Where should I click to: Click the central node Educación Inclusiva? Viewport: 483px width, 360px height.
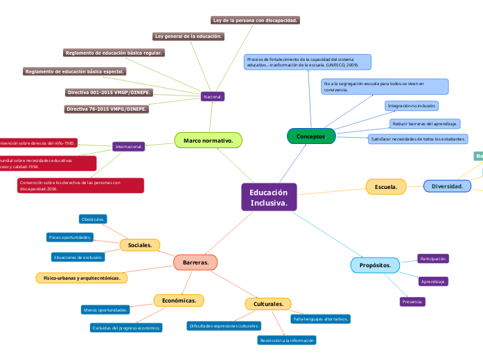coord(269,197)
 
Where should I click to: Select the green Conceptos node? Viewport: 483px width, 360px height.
coord(311,136)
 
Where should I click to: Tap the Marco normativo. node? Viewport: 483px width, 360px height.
coord(208,141)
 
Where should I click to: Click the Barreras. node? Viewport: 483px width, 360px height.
coord(195,262)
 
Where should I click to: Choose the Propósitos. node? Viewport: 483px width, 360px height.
coord(375,265)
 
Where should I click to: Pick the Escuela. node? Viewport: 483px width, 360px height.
coord(386,187)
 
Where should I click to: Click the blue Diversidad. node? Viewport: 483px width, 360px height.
coord(447,186)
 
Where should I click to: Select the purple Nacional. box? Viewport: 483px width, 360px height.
coord(213,97)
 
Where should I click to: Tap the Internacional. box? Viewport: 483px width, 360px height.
coord(129,147)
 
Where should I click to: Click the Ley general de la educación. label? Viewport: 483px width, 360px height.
coord(188,36)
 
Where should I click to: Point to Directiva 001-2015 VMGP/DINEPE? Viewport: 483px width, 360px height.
coord(109,92)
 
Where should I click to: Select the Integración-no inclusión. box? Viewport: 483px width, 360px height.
coord(412,106)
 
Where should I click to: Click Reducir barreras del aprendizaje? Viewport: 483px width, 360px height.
coord(425,123)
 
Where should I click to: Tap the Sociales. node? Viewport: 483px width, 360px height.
coord(140,245)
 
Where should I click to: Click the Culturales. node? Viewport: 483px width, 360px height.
coord(268,304)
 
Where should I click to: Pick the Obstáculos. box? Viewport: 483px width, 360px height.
coord(93,219)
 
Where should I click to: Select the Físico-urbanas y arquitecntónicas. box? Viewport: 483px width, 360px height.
coord(81,278)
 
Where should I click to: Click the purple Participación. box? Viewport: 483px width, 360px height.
coord(433,258)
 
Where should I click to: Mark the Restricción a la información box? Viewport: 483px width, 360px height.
coord(287,340)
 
